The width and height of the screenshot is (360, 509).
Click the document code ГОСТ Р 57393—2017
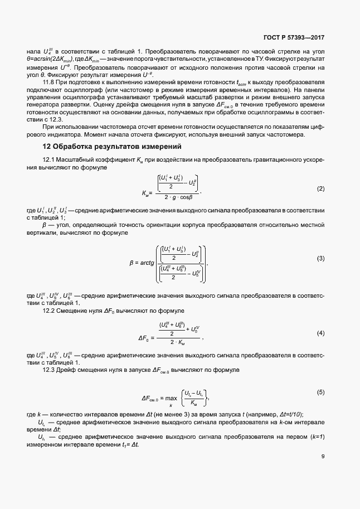293,38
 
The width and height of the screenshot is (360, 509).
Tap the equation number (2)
320,189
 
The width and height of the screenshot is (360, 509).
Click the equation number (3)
320,259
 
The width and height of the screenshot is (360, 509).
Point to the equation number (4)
320,333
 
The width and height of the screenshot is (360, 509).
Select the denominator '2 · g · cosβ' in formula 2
174,197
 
